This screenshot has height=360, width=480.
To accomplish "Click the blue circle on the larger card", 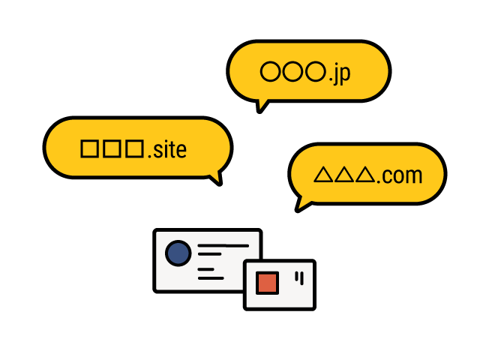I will click(178, 253).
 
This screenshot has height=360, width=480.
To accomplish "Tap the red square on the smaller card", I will click(267, 283).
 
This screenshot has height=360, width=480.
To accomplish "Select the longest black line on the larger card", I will click(223, 245).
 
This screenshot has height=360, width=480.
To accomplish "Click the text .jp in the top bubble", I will click(339, 73).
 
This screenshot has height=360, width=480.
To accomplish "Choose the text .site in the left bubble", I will click(166, 150).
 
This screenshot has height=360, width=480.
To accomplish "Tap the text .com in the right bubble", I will click(399, 176).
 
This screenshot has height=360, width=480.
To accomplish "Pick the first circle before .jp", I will click(270, 72).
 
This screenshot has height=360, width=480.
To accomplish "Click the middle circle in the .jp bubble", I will click(293, 72).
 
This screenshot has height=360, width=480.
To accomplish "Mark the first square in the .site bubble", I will click(89, 148).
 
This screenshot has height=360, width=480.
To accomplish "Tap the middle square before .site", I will click(112, 148).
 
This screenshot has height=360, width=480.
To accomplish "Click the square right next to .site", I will click(134, 148).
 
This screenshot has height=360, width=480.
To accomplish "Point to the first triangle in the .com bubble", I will click(322, 175).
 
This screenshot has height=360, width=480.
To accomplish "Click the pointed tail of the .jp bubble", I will click(262, 104).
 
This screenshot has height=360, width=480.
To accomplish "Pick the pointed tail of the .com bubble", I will click(302, 203).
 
